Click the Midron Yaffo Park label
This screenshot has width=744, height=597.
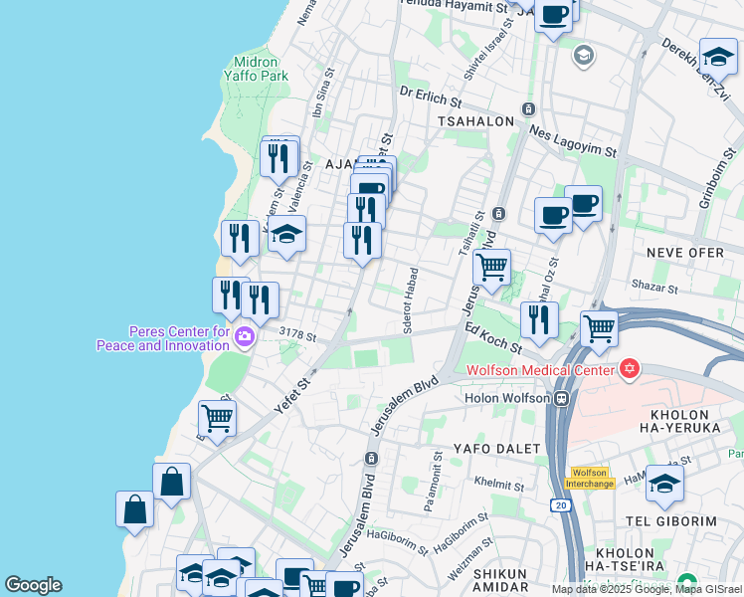click(261, 68)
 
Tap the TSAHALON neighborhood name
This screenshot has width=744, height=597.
click(475, 121)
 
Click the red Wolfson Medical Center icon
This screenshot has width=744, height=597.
click(628, 370)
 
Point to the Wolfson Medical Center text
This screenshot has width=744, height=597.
click(540, 372)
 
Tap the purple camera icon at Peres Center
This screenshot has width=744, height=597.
click(245, 339)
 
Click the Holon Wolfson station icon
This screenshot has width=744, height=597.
click(562, 399)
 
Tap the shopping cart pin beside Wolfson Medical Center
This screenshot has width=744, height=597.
click(599, 327)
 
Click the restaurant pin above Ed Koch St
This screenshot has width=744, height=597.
click(538, 318)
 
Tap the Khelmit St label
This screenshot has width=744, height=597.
click(499, 481)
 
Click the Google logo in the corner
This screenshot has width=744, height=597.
click(33, 585)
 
